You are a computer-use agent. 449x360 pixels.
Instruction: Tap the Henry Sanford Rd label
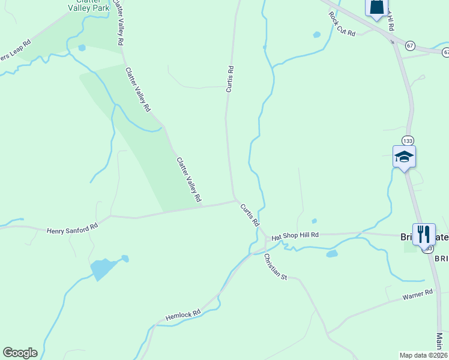point(72,229)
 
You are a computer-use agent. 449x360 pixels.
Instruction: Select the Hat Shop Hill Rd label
point(295,236)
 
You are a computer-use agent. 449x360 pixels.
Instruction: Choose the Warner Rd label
point(417,295)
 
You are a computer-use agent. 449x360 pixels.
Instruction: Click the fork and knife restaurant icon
point(424,233)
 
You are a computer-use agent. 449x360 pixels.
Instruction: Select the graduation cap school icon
point(404,157)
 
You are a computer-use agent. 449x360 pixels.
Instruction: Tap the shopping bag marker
point(376,7)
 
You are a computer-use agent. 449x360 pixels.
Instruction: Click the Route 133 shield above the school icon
point(408,140)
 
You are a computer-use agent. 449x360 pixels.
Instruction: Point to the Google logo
point(20,353)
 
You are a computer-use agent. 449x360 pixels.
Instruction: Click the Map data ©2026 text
point(424,355)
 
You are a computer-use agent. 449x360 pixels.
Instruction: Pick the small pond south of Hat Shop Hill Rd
point(331,254)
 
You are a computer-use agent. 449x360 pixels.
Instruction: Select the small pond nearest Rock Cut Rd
point(316,35)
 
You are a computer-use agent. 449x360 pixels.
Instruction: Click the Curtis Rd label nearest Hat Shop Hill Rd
point(250,214)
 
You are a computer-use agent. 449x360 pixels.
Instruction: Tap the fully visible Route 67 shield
point(410,46)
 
